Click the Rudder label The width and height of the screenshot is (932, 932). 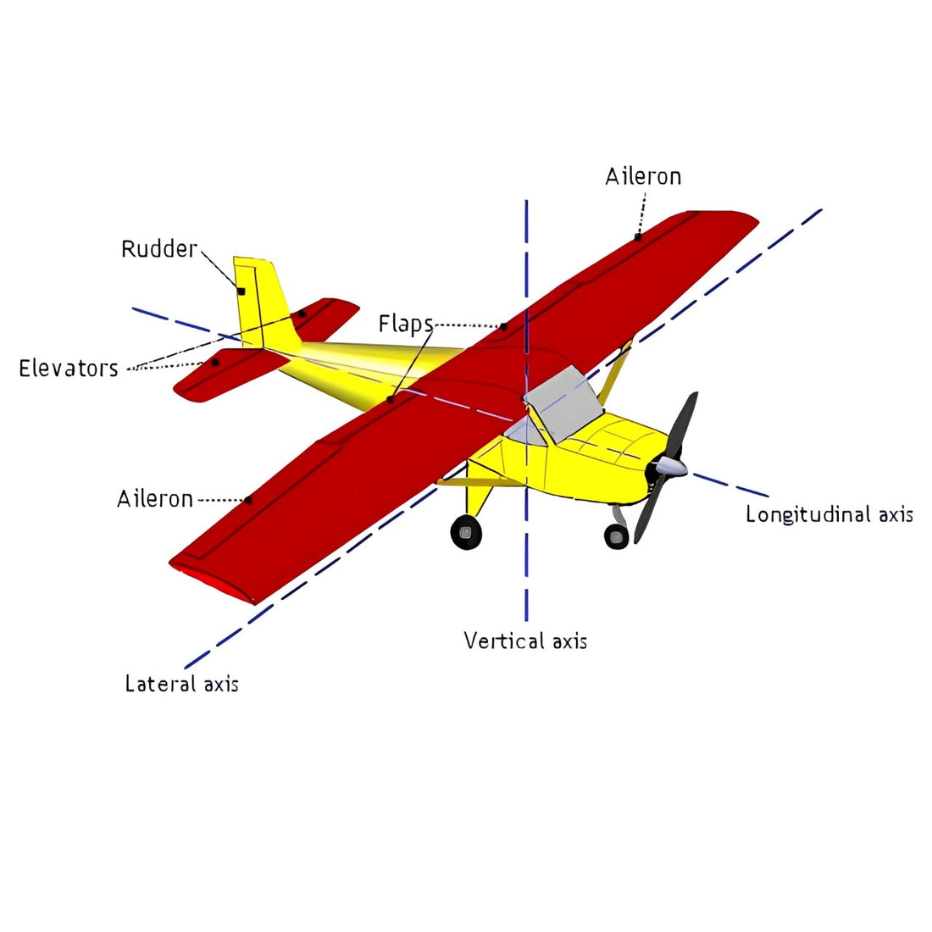pos(159,249)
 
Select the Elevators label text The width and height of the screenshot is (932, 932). pos(69,369)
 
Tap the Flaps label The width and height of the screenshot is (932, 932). pos(405,324)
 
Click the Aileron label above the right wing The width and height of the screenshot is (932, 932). pos(643,176)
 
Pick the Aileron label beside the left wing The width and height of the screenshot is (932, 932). pos(155,499)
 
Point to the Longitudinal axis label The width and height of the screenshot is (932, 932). pos(829,514)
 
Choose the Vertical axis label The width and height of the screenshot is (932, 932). pos(525,641)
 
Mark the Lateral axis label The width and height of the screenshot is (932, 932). pos(181,684)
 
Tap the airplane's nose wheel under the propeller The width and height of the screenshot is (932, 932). pos(616,535)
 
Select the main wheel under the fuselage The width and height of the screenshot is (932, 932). pos(466,532)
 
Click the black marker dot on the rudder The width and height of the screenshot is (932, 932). pos(241,291)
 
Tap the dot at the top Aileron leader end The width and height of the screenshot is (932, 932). pos(637,237)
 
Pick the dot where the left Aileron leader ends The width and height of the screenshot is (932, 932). pos(248,500)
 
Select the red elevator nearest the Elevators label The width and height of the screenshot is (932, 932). pos(229,373)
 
